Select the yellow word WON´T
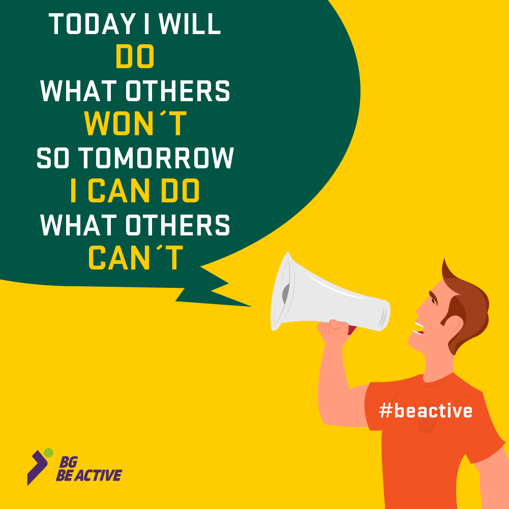135,123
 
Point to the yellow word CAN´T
136,257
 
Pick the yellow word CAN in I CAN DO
119,190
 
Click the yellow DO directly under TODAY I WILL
135,56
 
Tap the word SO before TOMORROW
53,158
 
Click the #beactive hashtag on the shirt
426,410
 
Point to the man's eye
433,301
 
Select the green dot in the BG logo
48,453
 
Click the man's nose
420,311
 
